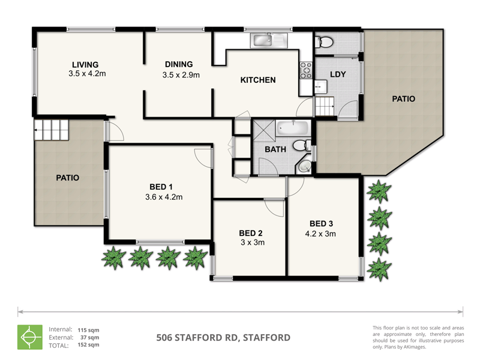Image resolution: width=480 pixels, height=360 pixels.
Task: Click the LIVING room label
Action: pyautogui.click(x=85, y=65)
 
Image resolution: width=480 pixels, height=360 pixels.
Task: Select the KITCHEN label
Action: pyautogui.click(x=258, y=80)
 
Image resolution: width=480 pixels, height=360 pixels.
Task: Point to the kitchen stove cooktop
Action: pyautogui.click(x=306, y=70)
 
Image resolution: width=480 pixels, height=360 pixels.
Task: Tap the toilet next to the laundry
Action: pyautogui.click(x=325, y=42)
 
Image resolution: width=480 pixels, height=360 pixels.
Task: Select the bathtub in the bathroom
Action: pyautogui.click(x=293, y=128)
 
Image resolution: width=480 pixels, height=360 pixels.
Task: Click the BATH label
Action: pyautogui.click(x=275, y=149)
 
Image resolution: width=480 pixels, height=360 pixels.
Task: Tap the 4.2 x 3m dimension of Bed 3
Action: pyautogui.click(x=321, y=234)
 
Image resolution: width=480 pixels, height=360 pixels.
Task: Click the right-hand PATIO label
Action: pyautogui.click(x=403, y=99)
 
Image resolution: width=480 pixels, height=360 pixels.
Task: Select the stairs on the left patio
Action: pyautogui.click(x=52, y=130)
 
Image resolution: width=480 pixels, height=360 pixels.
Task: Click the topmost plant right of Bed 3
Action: pyautogui.click(x=379, y=191)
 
